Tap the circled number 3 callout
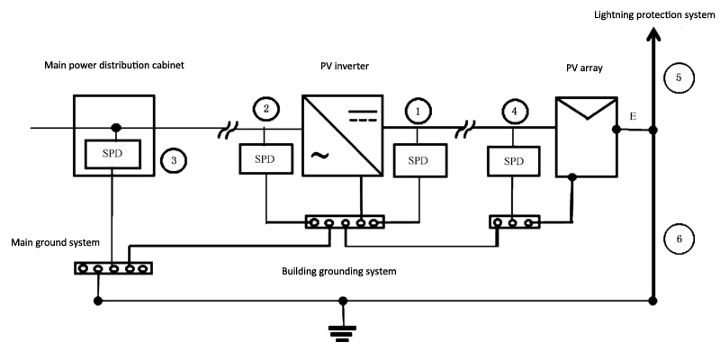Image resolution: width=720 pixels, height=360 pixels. [173, 161]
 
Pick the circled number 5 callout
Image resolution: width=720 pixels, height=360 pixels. [679, 79]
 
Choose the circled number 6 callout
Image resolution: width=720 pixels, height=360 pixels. [679, 239]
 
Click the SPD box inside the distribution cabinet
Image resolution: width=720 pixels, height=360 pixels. [112, 153]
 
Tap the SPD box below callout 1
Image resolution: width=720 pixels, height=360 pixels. [417, 161]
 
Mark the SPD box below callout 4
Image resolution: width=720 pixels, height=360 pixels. [514, 161]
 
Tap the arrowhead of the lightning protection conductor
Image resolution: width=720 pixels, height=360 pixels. [653, 36]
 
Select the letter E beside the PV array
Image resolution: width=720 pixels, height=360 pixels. [634, 118]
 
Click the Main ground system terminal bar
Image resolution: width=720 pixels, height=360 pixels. [113, 267]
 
